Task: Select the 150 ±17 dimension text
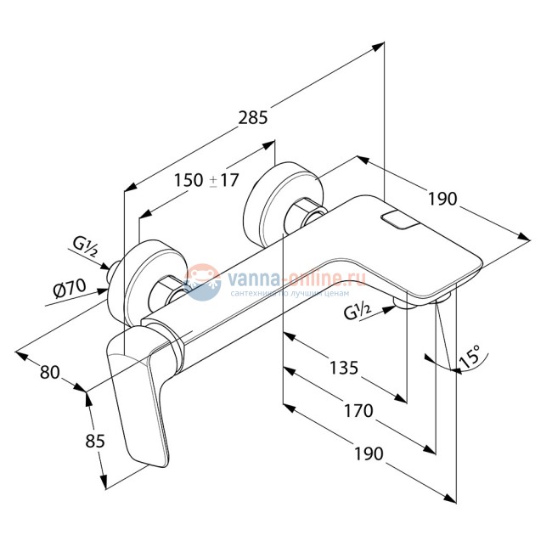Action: click(207, 180)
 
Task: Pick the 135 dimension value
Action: click(344, 367)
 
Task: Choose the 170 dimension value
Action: click(358, 411)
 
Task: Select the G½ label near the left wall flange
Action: click(86, 248)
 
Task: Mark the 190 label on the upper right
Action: click(442, 199)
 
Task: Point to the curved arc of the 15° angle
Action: click(459, 369)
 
